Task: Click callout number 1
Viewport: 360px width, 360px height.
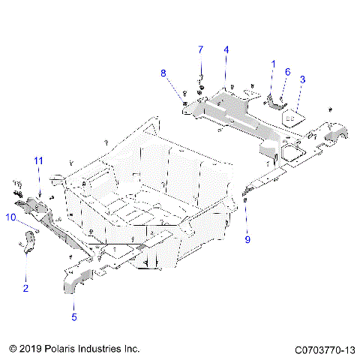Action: [273, 64]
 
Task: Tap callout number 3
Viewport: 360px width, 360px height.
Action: [302, 79]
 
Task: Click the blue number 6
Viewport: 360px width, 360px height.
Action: [286, 71]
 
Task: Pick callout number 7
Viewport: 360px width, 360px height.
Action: [200, 49]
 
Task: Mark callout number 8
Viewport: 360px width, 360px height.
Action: [163, 73]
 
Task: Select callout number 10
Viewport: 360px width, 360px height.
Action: [11, 217]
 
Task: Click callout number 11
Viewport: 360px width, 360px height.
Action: [38, 160]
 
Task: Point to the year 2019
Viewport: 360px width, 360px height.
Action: [29, 349]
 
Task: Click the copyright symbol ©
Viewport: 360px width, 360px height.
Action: [11, 349]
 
